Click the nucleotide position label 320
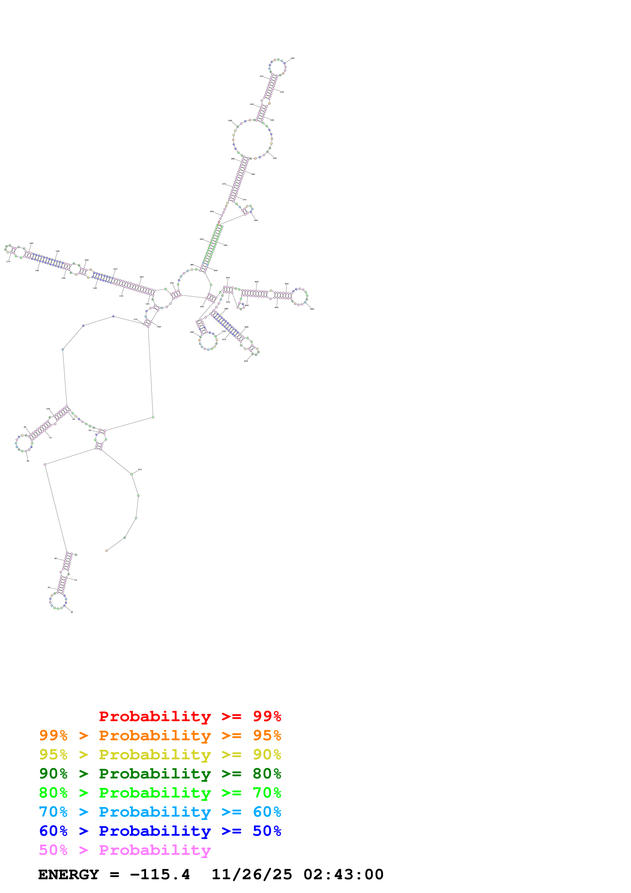(x=292, y=58)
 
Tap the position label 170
(x=8, y=262)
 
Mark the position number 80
(x=28, y=461)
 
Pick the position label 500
(x=246, y=361)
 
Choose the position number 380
(x=256, y=220)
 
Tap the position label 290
(x=230, y=121)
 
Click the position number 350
(x=274, y=158)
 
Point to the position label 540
(x=192, y=332)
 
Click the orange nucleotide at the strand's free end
(x=107, y=551)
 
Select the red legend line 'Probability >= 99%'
(x=190, y=716)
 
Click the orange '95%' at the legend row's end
(x=267, y=735)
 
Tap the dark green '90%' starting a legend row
(x=53, y=774)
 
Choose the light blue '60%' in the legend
(x=267, y=812)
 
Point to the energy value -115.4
(x=160, y=875)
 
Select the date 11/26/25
(x=251, y=875)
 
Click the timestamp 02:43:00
(x=343, y=875)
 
